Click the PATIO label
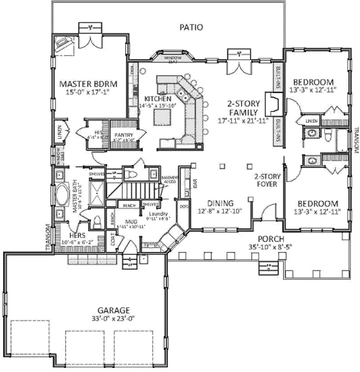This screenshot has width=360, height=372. [191, 27]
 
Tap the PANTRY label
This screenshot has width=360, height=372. [122, 134]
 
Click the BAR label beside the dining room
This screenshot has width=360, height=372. [194, 183]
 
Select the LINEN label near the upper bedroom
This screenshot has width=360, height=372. [311, 120]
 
